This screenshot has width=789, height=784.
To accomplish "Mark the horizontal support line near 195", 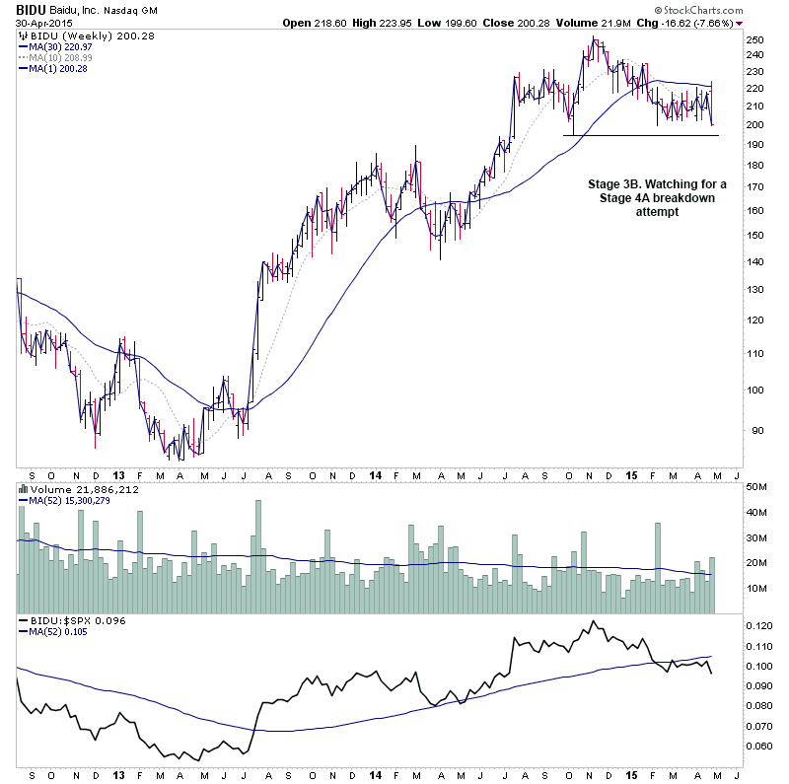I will point(641,135).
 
